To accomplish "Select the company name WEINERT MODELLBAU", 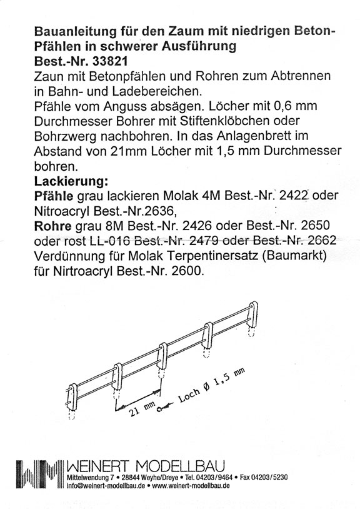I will pos(147,467).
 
